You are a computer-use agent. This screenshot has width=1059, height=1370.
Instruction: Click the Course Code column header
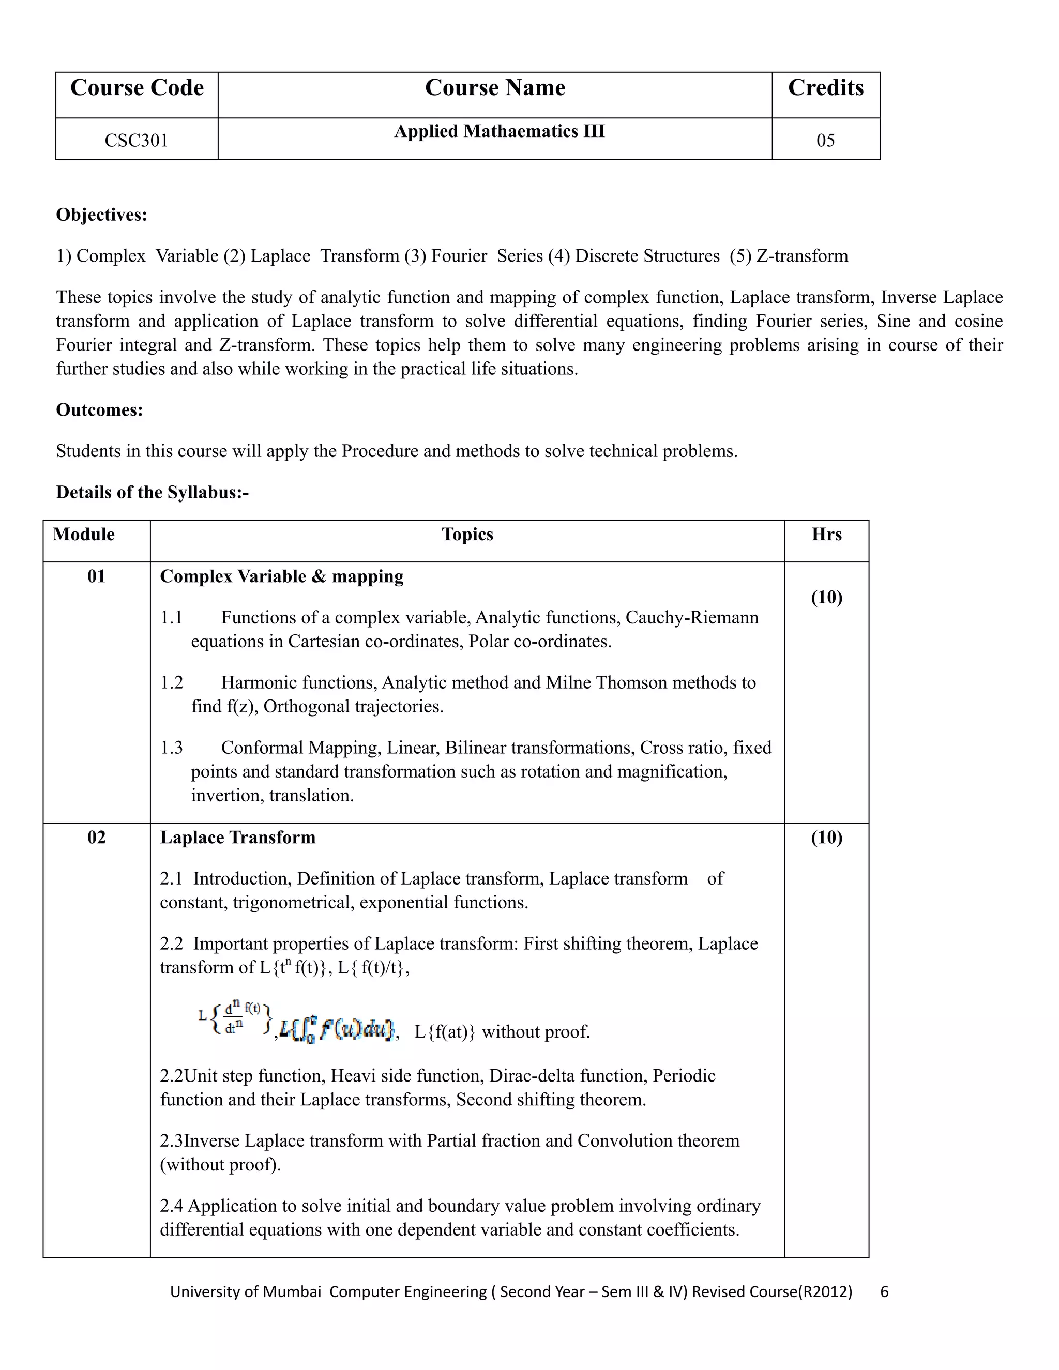click(137, 88)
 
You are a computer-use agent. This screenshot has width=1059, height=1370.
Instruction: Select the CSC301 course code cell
click(136, 140)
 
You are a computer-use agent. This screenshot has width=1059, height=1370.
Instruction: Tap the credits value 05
click(825, 140)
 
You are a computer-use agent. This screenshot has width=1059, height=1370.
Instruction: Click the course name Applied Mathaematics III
click(500, 131)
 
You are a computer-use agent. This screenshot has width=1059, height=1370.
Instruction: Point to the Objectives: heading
click(102, 215)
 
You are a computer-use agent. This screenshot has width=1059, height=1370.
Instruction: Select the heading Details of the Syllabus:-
click(153, 492)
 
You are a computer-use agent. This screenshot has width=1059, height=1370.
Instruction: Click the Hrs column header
click(826, 535)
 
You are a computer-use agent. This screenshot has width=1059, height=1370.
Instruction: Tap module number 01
click(96, 576)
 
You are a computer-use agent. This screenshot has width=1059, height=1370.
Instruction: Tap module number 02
click(96, 838)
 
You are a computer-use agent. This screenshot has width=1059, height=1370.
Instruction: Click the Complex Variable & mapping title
click(282, 576)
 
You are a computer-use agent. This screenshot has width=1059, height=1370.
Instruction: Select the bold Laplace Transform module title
click(238, 838)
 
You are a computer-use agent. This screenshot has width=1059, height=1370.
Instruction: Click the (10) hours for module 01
click(826, 597)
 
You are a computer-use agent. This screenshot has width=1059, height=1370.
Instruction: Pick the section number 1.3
click(171, 748)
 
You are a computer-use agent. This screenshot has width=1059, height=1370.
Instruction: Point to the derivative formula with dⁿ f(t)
click(235, 1019)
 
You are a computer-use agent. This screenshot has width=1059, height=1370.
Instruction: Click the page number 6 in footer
click(885, 1291)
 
